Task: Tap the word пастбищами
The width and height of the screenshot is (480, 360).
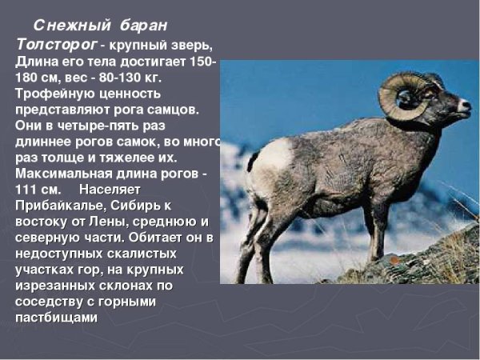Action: point(56,317)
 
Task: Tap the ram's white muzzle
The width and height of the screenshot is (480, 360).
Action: point(462,105)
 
